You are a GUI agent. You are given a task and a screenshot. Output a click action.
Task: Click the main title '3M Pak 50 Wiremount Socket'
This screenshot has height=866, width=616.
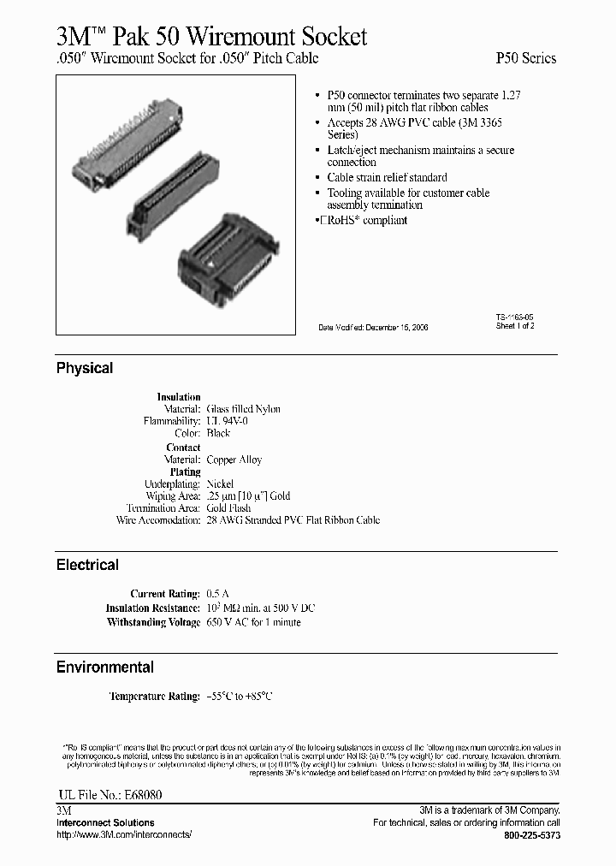(x=211, y=36)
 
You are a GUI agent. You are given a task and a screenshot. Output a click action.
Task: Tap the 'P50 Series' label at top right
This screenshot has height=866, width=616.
(x=525, y=58)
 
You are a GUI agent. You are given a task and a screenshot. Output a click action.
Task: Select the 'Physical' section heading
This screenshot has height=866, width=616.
(x=85, y=368)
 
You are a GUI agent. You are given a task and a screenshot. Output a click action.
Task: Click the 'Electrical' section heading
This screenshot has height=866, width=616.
(x=87, y=565)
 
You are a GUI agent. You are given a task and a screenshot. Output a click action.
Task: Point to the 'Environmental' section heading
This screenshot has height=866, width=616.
(x=105, y=667)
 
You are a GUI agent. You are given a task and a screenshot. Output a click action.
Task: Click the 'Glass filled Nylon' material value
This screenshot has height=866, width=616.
(x=244, y=409)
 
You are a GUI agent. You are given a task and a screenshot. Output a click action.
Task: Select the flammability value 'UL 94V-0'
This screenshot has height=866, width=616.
(x=228, y=421)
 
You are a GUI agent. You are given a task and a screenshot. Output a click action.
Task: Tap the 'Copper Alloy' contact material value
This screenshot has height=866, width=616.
(x=234, y=460)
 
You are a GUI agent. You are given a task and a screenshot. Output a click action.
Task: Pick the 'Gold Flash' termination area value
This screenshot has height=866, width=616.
(x=228, y=508)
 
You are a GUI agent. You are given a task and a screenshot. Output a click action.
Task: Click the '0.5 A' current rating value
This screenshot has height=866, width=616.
(x=219, y=593)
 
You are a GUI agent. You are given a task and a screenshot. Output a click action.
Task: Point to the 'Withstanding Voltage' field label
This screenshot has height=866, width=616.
(x=153, y=622)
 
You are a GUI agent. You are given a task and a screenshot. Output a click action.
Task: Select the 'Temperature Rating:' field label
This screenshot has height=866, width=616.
(x=154, y=697)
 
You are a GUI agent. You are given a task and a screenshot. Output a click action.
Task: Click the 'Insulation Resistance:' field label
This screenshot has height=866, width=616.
(x=152, y=608)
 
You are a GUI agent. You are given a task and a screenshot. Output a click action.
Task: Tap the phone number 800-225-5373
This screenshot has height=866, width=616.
(x=531, y=834)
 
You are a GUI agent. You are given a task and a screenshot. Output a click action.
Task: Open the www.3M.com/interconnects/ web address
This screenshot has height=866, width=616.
(x=125, y=834)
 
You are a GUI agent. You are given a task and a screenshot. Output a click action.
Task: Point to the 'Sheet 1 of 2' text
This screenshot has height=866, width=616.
(x=515, y=326)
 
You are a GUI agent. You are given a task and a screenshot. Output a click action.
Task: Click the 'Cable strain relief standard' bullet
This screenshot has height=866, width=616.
(x=387, y=177)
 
